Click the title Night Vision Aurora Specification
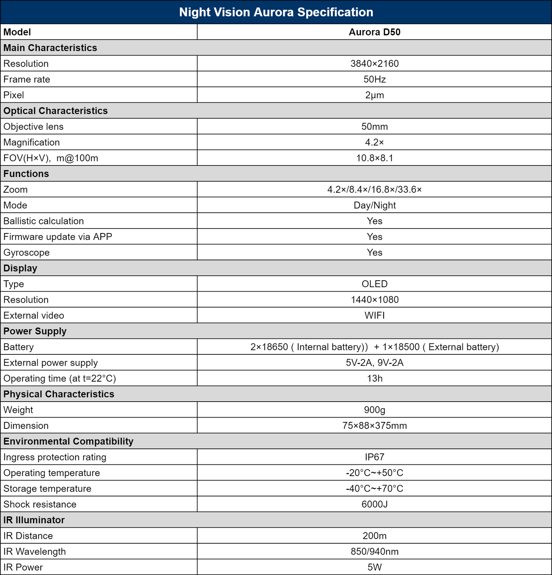coord(276,12)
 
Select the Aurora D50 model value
coord(374,32)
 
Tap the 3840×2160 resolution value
coord(374,63)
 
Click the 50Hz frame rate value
coord(374,79)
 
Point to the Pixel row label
coord(14,95)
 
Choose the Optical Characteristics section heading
coord(56,111)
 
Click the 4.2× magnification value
coord(374,142)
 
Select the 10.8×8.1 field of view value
coord(374,158)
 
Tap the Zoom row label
coord(16,190)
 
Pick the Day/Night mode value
coord(374,205)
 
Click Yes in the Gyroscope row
coord(374,253)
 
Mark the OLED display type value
coord(374,284)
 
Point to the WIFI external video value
coord(374,315)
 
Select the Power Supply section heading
coord(35,331)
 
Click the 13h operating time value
coord(374,379)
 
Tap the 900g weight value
coord(374,410)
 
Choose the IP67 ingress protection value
coord(374,457)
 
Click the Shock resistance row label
coord(40,504)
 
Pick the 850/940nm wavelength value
coord(374,552)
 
